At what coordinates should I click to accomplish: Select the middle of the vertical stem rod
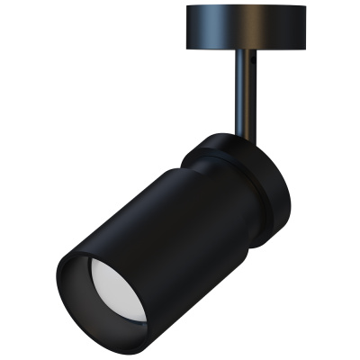click(246, 90)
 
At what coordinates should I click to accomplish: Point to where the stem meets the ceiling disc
click(246, 51)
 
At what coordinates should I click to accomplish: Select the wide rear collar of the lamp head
click(270, 193)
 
